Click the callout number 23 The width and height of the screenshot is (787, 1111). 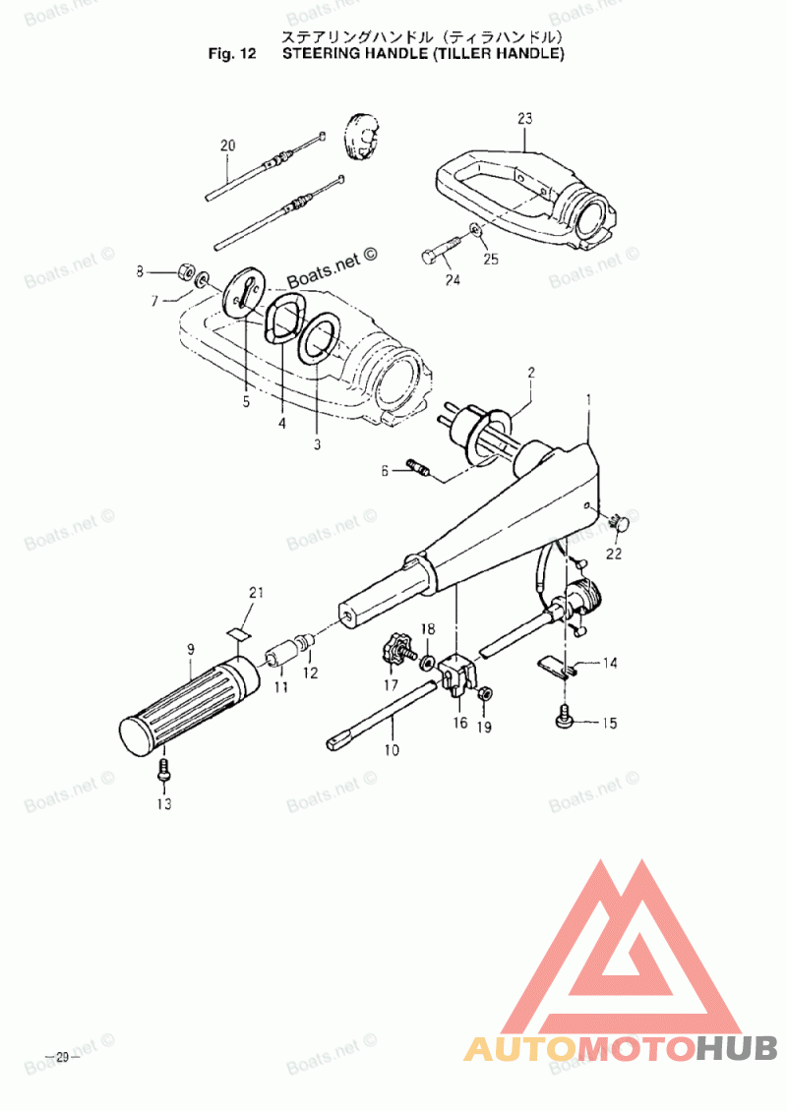[x=524, y=118]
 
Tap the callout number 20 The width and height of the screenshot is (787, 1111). [x=228, y=146]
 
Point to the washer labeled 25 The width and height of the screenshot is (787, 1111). [x=476, y=230]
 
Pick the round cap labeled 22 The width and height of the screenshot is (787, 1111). [x=619, y=521]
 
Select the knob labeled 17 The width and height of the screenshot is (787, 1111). [x=397, y=649]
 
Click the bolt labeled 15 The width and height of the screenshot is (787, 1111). [x=566, y=722]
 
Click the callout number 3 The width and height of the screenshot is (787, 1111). [x=317, y=443]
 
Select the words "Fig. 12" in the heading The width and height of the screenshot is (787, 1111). [x=232, y=54]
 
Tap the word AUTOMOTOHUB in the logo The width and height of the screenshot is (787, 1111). [x=621, y=1048]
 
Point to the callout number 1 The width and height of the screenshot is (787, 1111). [x=588, y=400]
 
